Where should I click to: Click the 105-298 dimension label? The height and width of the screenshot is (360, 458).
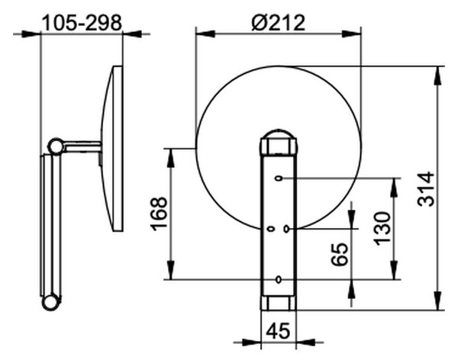(x=82, y=22)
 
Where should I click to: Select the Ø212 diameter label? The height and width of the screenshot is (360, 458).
(x=279, y=22)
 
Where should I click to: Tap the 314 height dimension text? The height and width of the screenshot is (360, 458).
(x=426, y=189)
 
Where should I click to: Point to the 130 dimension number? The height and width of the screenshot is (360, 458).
(x=382, y=229)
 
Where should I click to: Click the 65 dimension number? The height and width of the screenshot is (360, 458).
(x=340, y=254)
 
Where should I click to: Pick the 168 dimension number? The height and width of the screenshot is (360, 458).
(x=159, y=214)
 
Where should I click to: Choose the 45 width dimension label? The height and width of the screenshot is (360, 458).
(x=279, y=331)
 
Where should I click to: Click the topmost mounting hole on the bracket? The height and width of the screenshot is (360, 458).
(x=279, y=178)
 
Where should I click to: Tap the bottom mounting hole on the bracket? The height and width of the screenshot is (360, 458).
(x=279, y=279)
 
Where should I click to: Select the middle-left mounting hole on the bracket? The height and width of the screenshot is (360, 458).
(x=271, y=229)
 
